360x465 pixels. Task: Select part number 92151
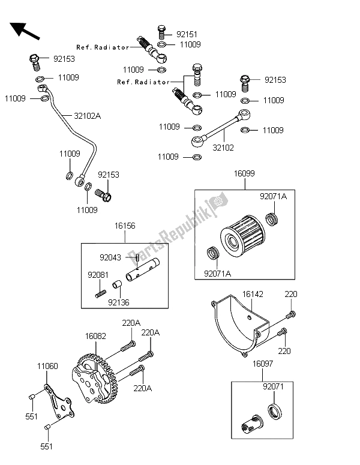pos(187,35)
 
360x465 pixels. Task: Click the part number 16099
pos(244,174)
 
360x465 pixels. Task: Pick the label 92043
pos(111,258)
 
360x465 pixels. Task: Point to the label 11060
pos(47,365)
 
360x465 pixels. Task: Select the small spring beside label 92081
pos(101,293)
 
